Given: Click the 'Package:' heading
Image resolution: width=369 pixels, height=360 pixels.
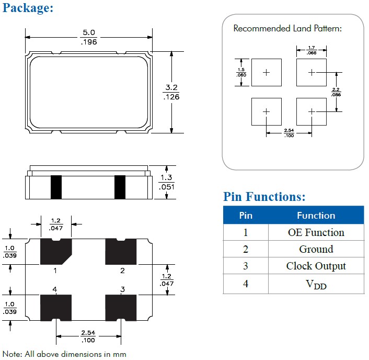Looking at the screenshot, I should (x=28, y=8).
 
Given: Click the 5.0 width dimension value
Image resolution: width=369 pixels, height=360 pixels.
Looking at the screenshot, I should (x=88, y=33).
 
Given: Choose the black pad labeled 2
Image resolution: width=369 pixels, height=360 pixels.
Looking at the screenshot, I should (x=121, y=252).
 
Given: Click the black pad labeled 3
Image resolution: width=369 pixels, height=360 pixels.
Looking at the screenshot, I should (x=121, y=307).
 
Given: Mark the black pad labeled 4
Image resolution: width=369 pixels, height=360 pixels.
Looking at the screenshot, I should (x=56, y=307).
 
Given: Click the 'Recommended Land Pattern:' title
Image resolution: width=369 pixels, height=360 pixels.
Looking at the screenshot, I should (x=287, y=28).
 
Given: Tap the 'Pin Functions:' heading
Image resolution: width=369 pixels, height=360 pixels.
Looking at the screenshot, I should (x=264, y=197).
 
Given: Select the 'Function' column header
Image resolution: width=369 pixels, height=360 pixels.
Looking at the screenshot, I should (x=316, y=216).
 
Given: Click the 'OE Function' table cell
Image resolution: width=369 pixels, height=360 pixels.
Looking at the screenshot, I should (x=316, y=232).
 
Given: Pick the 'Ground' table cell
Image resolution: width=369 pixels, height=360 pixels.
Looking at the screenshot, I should (x=316, y=249).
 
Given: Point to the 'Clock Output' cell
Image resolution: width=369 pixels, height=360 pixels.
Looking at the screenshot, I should (x=316, y=266).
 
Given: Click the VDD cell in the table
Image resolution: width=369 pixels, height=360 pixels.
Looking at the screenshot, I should (x=316, y=284).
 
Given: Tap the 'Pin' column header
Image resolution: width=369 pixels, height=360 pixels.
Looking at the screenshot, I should (x=246, y=216).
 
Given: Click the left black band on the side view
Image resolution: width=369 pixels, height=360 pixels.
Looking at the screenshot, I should (x=56, y=187).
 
